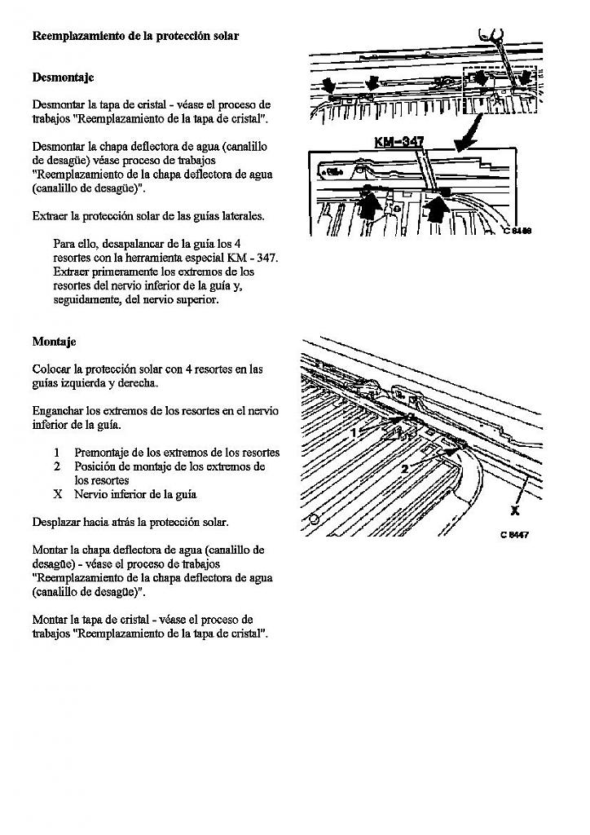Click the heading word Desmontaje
click(63, 77)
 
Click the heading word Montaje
click(54, 342)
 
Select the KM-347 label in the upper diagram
click(398, 142)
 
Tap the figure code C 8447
click(515, 536)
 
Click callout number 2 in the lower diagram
click(404, 469)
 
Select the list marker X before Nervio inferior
click(58, 494)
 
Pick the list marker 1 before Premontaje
click(57, 453)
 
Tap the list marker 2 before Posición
click(57, 466)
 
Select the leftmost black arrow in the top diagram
click(328, 85)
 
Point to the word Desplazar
click(57, 522)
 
